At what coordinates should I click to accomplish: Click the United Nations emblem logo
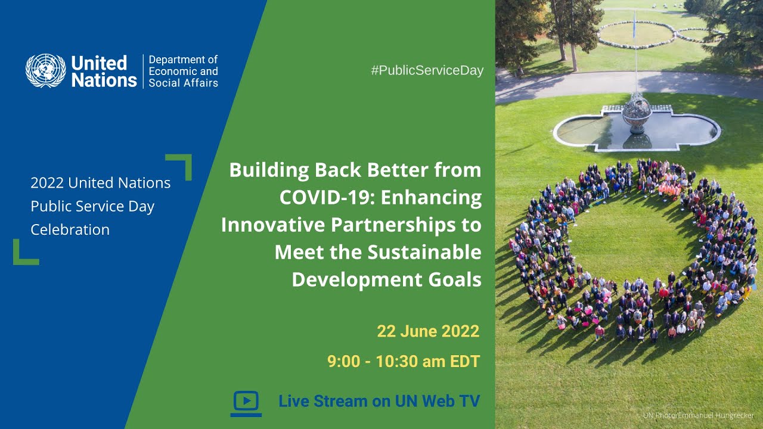[45, 71]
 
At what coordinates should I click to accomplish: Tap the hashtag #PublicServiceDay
[427, 70]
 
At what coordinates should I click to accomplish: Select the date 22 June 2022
[427, 331]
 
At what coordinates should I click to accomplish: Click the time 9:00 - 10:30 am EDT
[403, 361]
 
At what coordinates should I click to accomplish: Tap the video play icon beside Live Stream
[246, 402]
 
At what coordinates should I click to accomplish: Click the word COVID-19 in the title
[327, 197]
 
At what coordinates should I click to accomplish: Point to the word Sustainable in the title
[424, 252]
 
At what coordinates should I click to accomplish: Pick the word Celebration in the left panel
[70, 229]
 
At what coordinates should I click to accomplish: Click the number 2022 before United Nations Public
[47, 183]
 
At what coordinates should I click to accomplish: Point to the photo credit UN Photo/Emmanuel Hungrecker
[698, 415]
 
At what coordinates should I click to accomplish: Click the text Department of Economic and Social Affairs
[183, 71]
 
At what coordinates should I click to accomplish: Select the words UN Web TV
[437, 402]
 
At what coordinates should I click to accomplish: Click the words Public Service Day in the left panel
[92, 206]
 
